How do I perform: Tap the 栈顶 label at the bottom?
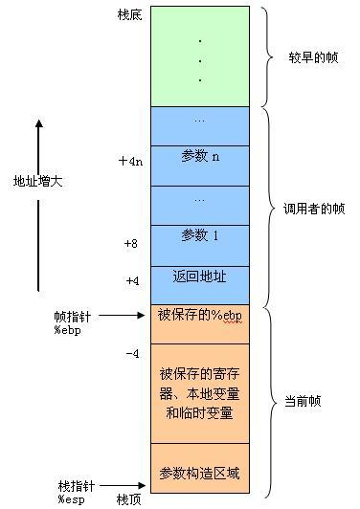pyautogui.click(x=130, y=498)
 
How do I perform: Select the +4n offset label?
pyautogui.click(x=130, y=162)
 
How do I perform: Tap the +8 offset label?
pyautogui.click(x=131, y=244)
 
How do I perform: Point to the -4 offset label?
pyautogui.click(x=132, y=354)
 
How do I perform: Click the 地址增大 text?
pyautogui.click(x=37, y=181)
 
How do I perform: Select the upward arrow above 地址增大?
pyautogui.click(x=38, y=144)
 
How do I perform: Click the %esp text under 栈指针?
pyautogui.click(x=71, y=498)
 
